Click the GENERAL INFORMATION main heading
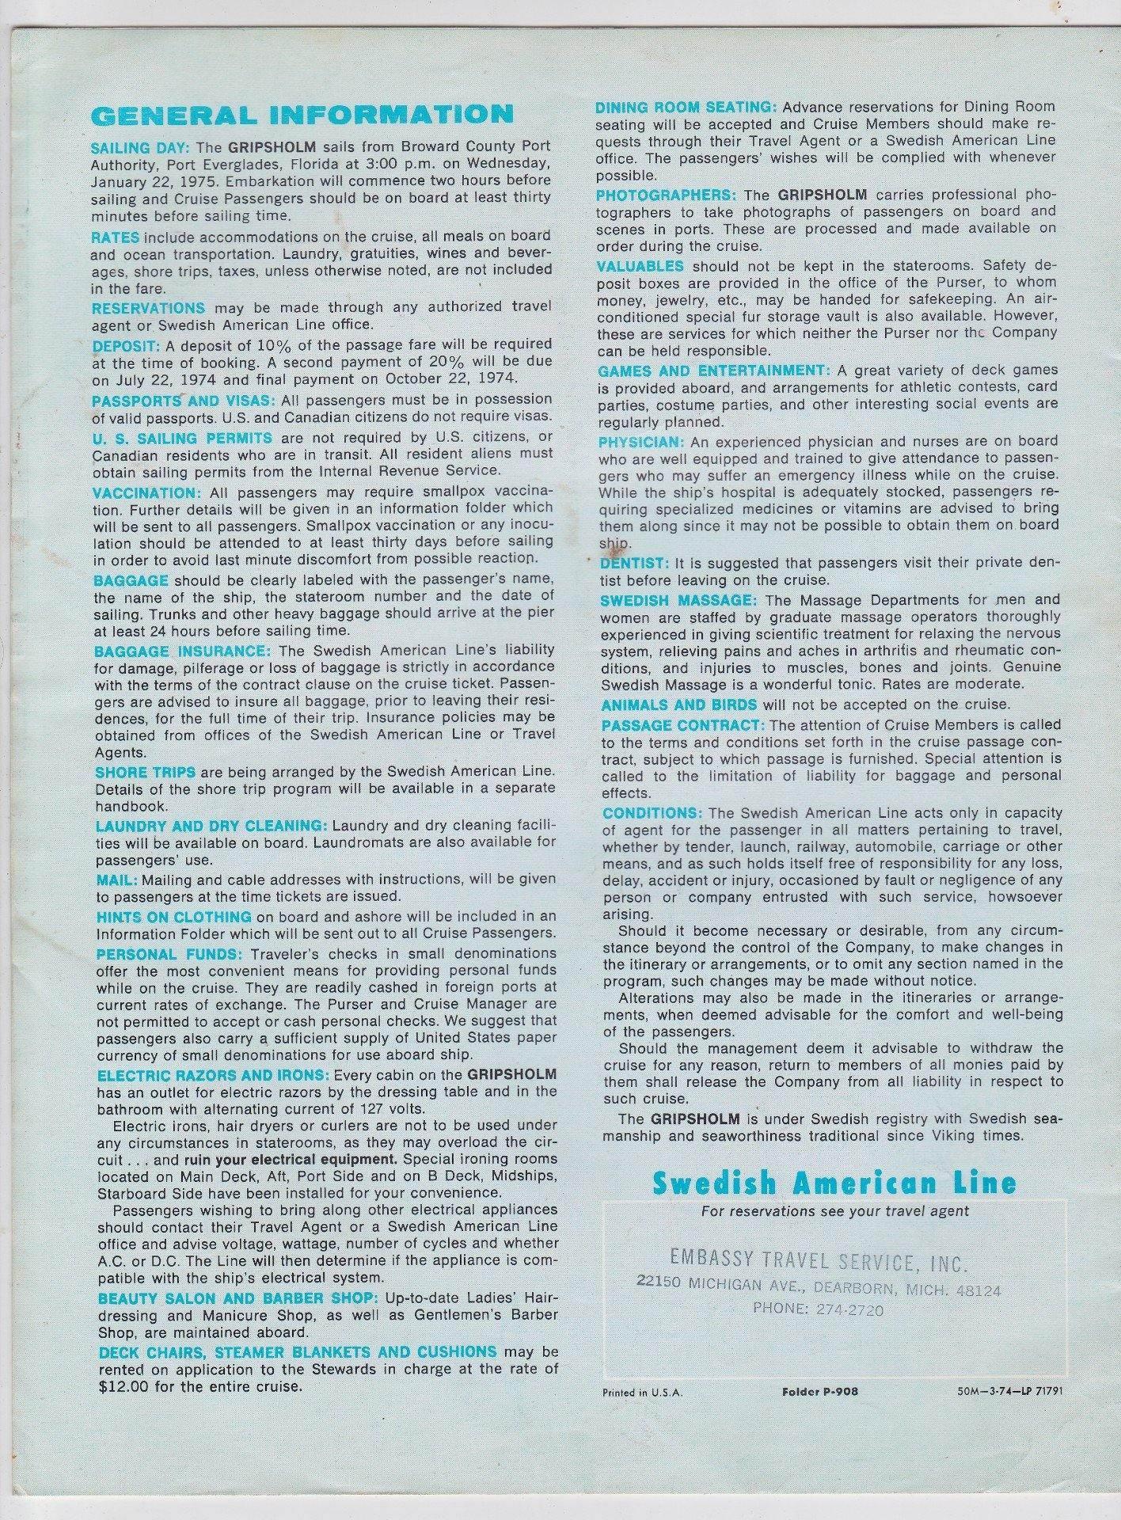[x=302, y=115]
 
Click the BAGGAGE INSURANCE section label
[x=182, y=651]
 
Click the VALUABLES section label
[x=640, y=265]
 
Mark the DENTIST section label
[x=635, y=564]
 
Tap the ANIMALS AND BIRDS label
[x=679, y=705]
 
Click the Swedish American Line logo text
[x=834, y=1184]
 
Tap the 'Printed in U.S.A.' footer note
[x=642, y=1392]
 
